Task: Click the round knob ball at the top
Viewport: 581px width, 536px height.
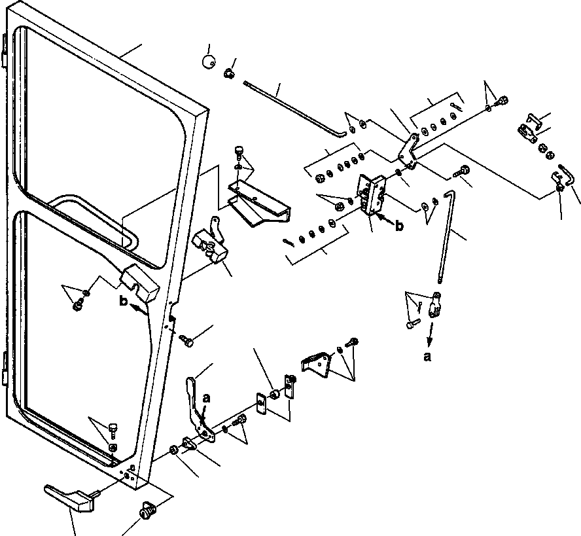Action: coord(209,61)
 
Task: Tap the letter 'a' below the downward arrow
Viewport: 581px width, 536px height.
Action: coord(427,357)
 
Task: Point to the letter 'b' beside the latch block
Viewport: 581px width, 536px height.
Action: coord(398,225)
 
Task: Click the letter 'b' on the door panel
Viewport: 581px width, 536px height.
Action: coord(124,301)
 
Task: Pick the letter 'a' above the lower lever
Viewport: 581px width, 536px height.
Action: coord(207,399)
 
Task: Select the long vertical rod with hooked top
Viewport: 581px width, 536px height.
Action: coord(446,237)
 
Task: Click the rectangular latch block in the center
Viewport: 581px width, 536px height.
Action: coord(373,194)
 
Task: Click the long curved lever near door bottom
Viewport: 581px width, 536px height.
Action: coord(199,410)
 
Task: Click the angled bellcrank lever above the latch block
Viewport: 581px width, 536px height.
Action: coord(408,151)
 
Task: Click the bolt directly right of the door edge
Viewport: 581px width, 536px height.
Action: coord(186,340)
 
